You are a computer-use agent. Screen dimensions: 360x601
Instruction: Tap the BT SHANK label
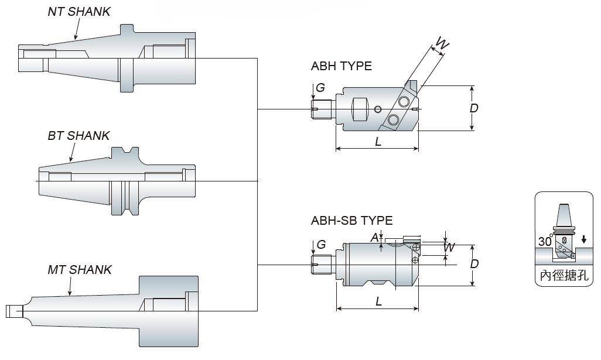(78, 136)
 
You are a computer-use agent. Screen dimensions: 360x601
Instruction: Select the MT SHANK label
(80, 270)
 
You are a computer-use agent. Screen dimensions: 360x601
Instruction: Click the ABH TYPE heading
(342, 66)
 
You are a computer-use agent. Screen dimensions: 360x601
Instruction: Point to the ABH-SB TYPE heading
(352, 221)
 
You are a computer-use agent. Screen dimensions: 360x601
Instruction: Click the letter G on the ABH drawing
(320, 88)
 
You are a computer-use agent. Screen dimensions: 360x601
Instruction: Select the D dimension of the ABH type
(474, 108)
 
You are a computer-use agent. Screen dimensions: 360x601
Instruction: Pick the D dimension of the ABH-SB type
(474, 264)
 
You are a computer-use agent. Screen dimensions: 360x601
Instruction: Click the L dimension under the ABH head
(378, 142)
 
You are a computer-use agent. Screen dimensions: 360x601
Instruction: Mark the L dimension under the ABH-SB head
(378, 302)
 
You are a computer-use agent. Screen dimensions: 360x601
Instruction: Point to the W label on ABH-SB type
(449, 248)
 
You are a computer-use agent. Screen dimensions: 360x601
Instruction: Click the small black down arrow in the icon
(583, 240)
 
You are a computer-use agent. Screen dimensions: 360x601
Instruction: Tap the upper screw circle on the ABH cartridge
(403, 101)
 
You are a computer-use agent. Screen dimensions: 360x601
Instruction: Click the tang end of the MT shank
(13, 310)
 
